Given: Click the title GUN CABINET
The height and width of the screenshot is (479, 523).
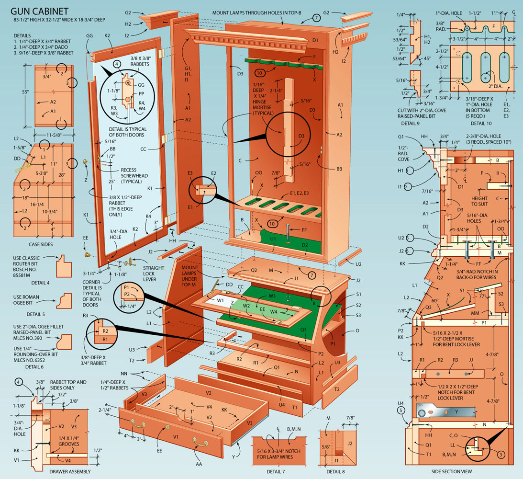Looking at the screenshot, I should tap(39, 10).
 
